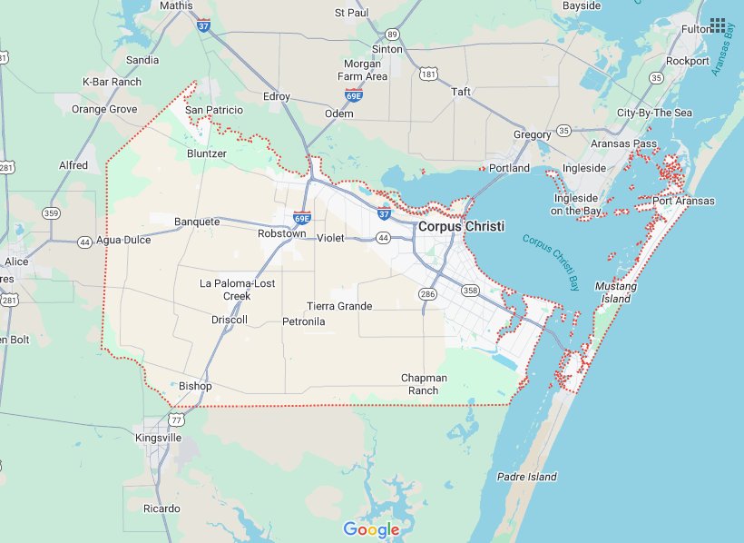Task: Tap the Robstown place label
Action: pos(281,233)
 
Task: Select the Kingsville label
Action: pos(158,438)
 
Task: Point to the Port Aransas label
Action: pos(682,201)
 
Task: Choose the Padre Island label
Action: pos(527,477)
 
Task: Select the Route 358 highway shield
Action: pos(470,291)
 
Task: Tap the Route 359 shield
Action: pos(52,213)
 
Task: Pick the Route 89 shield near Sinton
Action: pos(392,34)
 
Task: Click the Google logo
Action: pos(371,529)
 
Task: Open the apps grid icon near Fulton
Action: pos(718,25)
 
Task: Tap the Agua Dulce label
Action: pos(122,241)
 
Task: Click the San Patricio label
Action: pos(214,110)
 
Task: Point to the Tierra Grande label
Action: pos(339,306)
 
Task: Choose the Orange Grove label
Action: pos(104,109)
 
